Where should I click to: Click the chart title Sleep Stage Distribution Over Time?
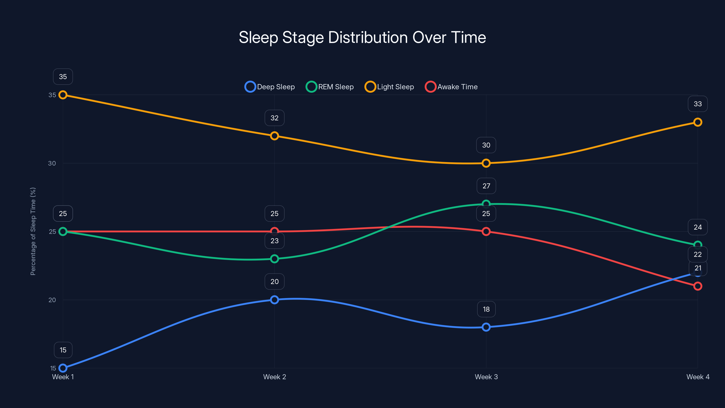point(362,37)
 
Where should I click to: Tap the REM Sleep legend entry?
point(330,87)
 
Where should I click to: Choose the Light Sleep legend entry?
point(389,87)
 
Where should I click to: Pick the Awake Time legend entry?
point(451,87)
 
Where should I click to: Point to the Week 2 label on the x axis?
point(274,377)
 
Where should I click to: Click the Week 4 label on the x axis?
point(698,377)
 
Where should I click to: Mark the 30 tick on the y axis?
point(52,163)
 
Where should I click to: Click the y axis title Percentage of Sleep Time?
point(33,231)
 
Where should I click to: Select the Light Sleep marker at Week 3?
point(486,163)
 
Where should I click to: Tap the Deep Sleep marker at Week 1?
point(63,368)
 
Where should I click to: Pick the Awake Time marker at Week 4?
point(698,286)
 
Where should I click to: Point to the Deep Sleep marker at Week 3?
point(486,327)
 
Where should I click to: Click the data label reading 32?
point(274,118)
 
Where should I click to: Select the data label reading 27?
point(486,186)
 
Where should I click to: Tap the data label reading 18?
point(486,309)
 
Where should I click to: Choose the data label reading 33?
point(698,104)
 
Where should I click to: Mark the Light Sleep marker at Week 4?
point(698,122)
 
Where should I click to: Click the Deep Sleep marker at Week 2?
point(274,300)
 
